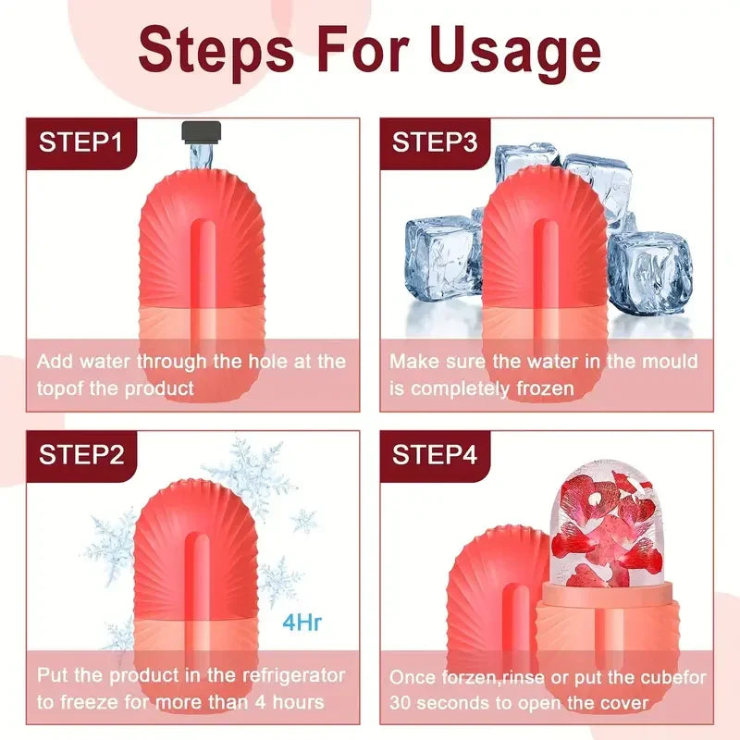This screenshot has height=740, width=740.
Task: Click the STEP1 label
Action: tap(80, 142)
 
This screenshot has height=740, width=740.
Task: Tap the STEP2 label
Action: tap(81, 454)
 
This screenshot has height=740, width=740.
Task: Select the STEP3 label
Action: tap(435, 142)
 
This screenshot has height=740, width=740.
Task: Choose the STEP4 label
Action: tap(435, 454)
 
